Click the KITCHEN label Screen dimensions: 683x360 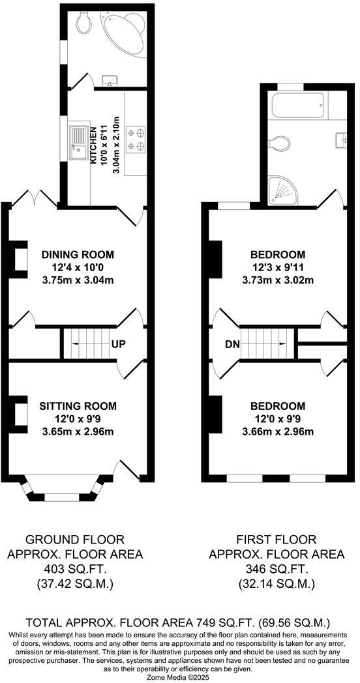(x=93, y=145)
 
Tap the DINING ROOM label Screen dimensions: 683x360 (x=78, y=254)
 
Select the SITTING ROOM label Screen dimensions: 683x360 (x=78, y=405)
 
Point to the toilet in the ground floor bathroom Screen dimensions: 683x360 (x=82, y=24)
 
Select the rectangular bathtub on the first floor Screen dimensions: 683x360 (x=297, y=105)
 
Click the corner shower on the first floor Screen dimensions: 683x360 (x=283, y=189)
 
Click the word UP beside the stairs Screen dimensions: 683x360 (x=118, y=343)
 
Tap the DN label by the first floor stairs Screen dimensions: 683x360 (x=232, y=343)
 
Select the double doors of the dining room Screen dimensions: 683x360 (x=35, y=198)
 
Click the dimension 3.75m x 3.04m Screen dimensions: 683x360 (x=78, y=280)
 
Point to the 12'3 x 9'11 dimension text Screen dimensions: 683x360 (x=278, y=267)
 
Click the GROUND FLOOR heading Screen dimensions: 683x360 (x=74, y=540)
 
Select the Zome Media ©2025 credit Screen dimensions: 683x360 (x=180, y=677)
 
